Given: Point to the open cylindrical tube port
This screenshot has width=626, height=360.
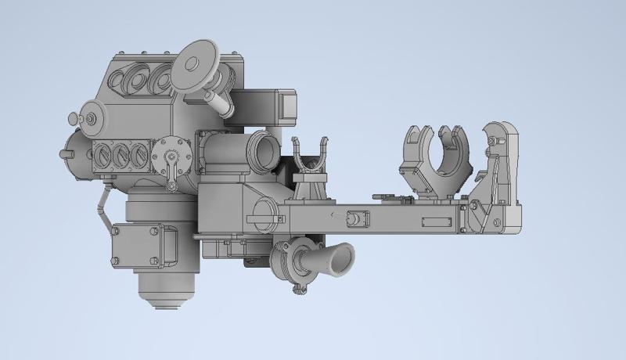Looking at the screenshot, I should click(261, 149).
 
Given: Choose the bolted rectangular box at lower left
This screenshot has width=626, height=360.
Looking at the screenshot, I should click(138, 244).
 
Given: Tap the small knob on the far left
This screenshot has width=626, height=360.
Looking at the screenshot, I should click(72, 119).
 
